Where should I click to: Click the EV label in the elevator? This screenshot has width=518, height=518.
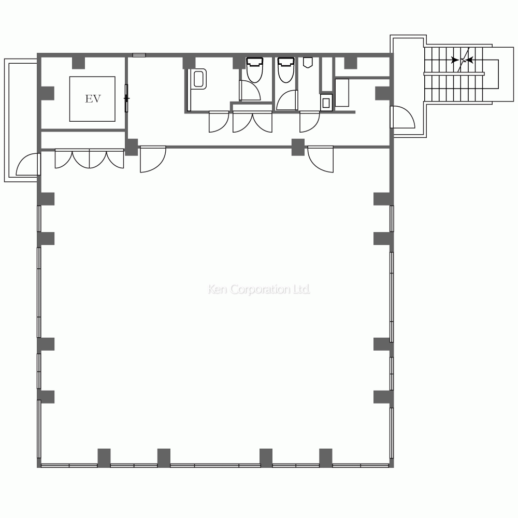click(x=93, y=99)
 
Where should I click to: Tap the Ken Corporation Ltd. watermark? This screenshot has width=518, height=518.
click(x=258, y=290)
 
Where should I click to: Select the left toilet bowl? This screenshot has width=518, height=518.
click(x=255, y=70)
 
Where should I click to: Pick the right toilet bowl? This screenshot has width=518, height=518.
click(x=286, y=70)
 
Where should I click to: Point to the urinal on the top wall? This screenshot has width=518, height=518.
click(x=308, y=63)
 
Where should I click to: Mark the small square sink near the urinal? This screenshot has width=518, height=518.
click(x=326, y=103)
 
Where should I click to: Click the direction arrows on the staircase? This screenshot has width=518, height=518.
click(x=462, y=60)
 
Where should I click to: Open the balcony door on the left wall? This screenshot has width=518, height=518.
click(x=28, y=164)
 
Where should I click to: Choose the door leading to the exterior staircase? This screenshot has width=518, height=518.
click(x=402, y=117)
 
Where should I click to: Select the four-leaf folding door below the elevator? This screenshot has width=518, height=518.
click(x=89, y=159)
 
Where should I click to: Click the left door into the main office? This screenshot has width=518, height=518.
click(x=153, y=159)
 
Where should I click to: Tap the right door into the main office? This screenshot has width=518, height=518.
click(x=321, y=159)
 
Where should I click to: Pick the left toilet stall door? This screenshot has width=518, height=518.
click(x=250, y=90)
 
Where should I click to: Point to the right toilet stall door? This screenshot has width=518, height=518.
click(x=287, y=100)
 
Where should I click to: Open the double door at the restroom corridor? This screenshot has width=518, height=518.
click(x=252, y=122)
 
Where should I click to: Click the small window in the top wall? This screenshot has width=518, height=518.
click(x=139, y=55)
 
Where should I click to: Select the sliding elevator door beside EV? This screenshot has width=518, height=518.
click(x=126, y=98)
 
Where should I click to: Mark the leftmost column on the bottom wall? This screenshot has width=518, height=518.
click(x=104, y=458)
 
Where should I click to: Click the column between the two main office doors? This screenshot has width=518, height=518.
click(x=298, y=147)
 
